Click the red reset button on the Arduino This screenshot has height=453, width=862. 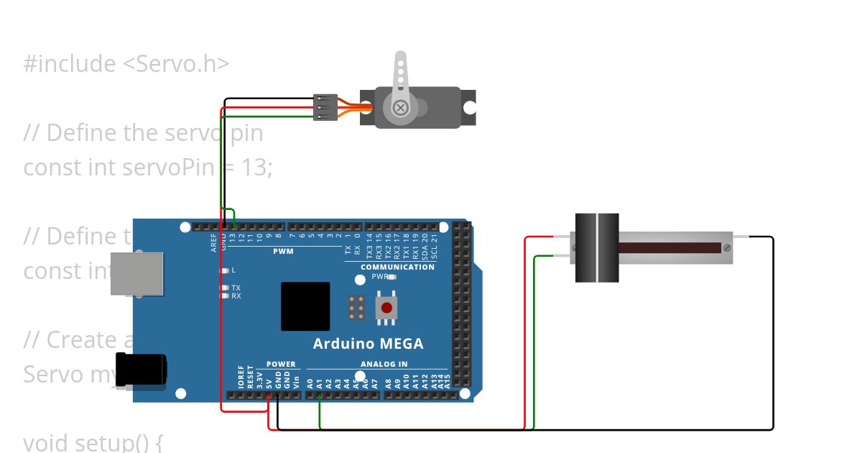click(386, 308)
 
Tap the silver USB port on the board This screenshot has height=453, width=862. click(136, 274)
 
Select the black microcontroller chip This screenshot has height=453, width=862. click(305, 306)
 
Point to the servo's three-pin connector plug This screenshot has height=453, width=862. click(325, 107)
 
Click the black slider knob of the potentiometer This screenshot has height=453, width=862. click(597, 247)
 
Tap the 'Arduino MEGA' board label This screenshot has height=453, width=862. click(368, 344)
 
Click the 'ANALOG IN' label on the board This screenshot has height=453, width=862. click(384, 364)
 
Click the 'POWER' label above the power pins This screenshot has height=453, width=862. click(281, 364)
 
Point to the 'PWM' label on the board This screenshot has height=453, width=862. click(283, 252)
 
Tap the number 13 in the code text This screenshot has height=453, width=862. click(258, 168)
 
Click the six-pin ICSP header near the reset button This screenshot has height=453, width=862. click(356, 308)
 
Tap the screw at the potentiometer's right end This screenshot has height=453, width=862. click(727, 247)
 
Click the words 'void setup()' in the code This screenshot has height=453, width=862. click(93, 441)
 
